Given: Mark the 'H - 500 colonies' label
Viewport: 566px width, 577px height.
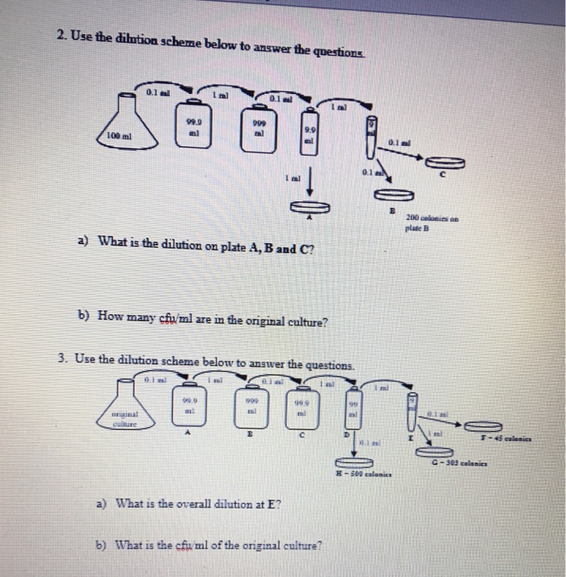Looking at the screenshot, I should [361, 476].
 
